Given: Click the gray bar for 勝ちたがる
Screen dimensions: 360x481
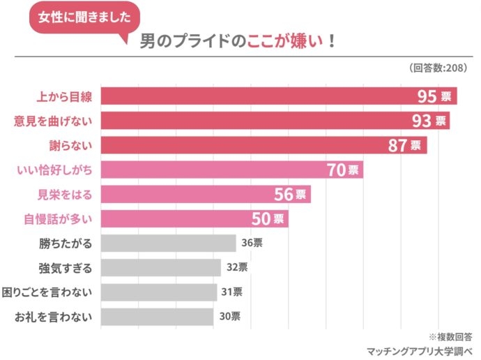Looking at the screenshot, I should point(169,243).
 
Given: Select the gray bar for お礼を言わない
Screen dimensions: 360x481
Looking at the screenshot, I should point(157,317).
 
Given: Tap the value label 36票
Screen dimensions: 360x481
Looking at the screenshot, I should point(252,243).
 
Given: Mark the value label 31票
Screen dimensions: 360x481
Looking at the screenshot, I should point(231,292).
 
